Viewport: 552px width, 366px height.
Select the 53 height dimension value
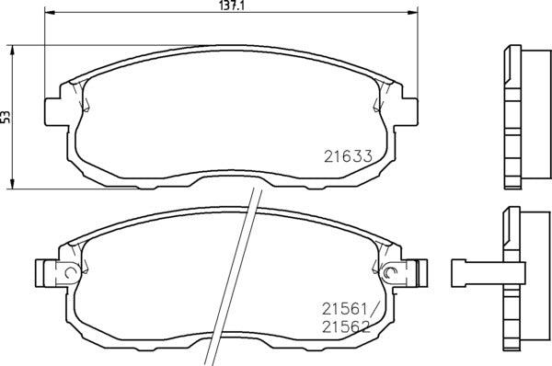tap(6, 116)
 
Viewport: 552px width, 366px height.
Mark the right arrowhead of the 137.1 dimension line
tap(408, 14)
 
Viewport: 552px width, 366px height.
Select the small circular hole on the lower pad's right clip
tap(390, 271)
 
